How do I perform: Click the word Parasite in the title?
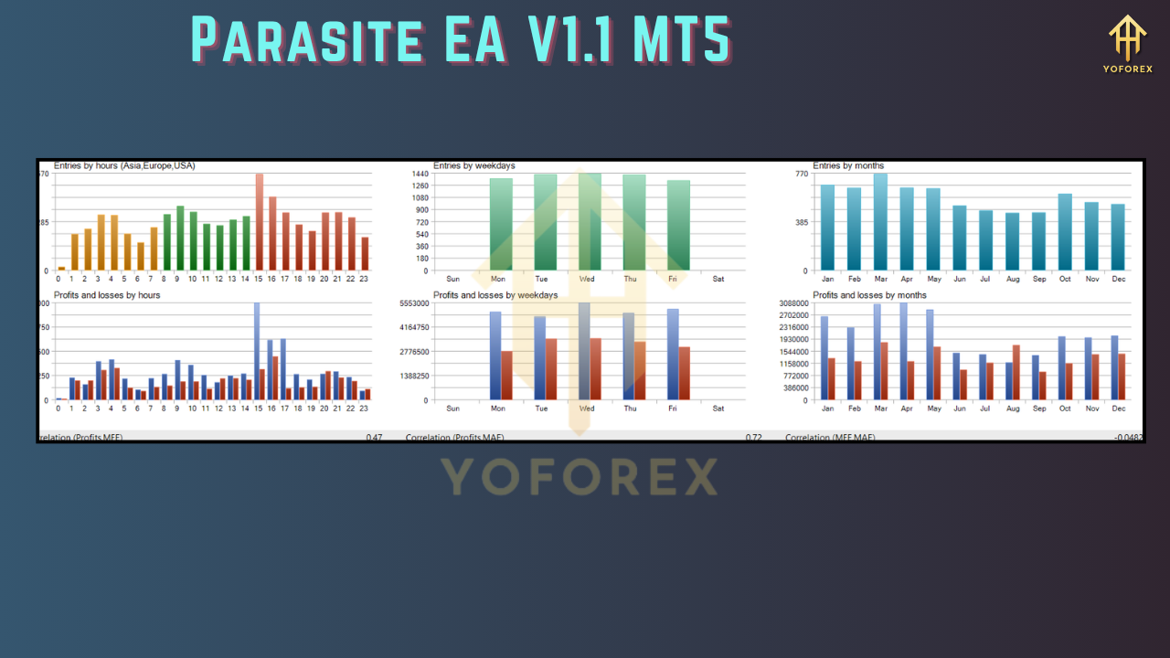point(307,40)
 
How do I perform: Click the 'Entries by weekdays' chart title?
point(473,165)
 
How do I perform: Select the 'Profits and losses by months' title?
point(869,295)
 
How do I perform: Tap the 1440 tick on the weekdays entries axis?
point(420,174)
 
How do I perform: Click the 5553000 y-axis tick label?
point(415,303)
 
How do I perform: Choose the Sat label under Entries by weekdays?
point(718,279)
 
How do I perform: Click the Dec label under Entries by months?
point(1119,279)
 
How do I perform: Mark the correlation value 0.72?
point(753,438)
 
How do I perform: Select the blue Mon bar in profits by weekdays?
point(495,356)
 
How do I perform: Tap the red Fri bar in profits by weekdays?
point(684,373)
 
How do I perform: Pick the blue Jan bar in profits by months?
point(824,357)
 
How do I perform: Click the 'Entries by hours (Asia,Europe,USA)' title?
point(124,165)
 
